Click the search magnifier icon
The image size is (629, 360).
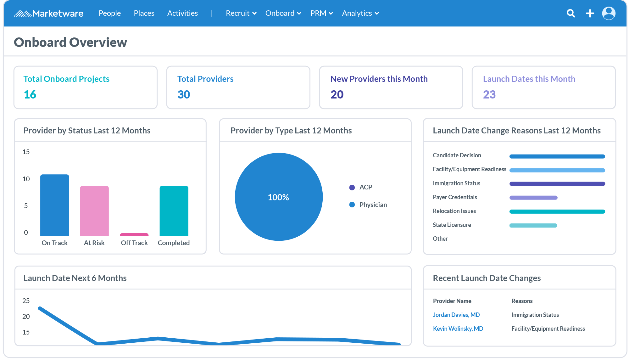(x=571, y=13)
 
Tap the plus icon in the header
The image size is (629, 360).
(x=590, y=13)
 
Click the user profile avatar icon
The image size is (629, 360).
(x=609, y=13)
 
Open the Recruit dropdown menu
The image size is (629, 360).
(x=241, y=13)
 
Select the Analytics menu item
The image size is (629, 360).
(x=360, y=13)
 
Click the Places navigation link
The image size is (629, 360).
(x=144, y=13)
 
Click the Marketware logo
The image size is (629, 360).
(x=49, y=13)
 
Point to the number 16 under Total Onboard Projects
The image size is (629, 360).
(x=30, y=94)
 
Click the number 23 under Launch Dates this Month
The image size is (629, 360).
(x=489, y=94)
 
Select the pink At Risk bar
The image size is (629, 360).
(x=94, y=211)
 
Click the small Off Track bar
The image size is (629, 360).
(x=134, y=234)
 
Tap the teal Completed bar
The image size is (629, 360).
(x=174, y=211)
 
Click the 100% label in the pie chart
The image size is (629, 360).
(x=278, y=197)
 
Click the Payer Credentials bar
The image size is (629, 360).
(x=533, y=198)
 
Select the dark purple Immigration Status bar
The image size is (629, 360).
(x=557, y=184)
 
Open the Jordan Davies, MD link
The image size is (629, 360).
(x=456, y=315)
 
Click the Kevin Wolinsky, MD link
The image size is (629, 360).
(x=458, y=329)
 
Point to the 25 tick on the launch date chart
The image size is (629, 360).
(x=26, y=301)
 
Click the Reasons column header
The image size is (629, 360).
(x=522, y=301)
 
